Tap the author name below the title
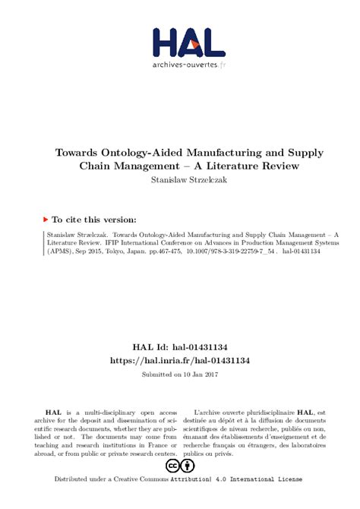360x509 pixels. point(179,180)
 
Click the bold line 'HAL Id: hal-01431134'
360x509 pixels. point(180,345)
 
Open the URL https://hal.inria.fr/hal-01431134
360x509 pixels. point(180,359)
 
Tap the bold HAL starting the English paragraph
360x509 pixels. point(49,410)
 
